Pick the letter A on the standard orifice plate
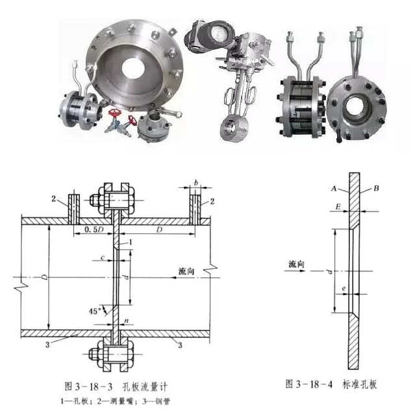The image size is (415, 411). [334, 187]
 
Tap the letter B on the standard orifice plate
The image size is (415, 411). [376, 189]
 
